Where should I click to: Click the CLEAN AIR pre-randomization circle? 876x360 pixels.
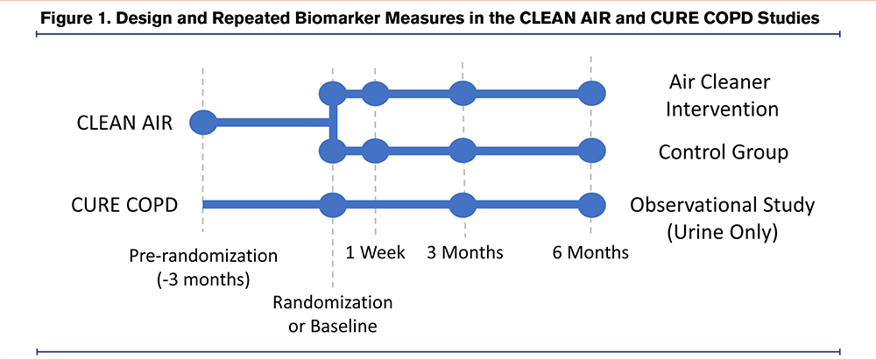203,122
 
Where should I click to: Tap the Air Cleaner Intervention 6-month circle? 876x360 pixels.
591,93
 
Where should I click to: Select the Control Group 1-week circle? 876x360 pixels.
375,151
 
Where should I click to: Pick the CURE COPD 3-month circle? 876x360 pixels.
463,205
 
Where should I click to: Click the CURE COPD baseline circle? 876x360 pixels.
333,205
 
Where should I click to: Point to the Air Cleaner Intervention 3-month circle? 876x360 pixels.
463,93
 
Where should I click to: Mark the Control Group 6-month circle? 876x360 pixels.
591,151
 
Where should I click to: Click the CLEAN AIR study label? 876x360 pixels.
124,123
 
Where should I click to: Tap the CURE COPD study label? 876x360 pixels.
124,205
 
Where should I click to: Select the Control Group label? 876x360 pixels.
724,152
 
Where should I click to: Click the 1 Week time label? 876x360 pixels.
376,252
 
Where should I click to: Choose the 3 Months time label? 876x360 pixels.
465,252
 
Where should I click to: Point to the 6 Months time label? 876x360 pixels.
590,252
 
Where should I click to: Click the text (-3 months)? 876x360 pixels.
203,279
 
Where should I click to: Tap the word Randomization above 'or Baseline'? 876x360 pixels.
332,303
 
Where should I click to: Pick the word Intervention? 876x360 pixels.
722,109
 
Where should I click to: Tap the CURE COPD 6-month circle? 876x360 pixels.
591,205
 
